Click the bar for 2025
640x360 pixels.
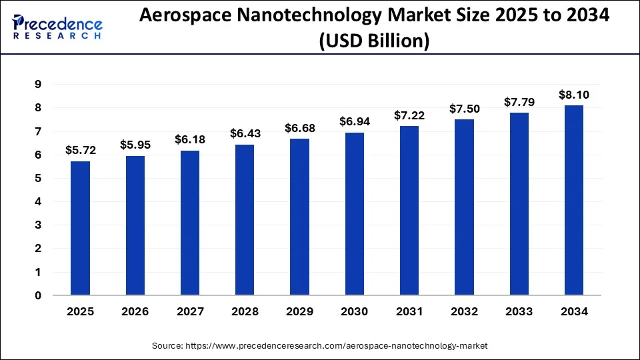coord(80,228)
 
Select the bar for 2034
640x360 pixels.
coord(573,200)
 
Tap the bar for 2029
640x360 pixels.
coord(299,217)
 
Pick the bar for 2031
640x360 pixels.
coord(409,211)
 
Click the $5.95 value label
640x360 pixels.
coord(135,144)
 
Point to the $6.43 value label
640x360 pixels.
coord(245,133)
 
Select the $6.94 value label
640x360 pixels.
coord(354,121)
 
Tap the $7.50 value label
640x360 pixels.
coord(464,108)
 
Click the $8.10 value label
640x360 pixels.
coord(573,95)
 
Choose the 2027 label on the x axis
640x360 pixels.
coord(189,311)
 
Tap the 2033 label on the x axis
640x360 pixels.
coord(519,311)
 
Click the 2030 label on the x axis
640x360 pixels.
coord(354,311)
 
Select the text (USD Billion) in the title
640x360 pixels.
coord(373,41)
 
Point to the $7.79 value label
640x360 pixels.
coord(519,101)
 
